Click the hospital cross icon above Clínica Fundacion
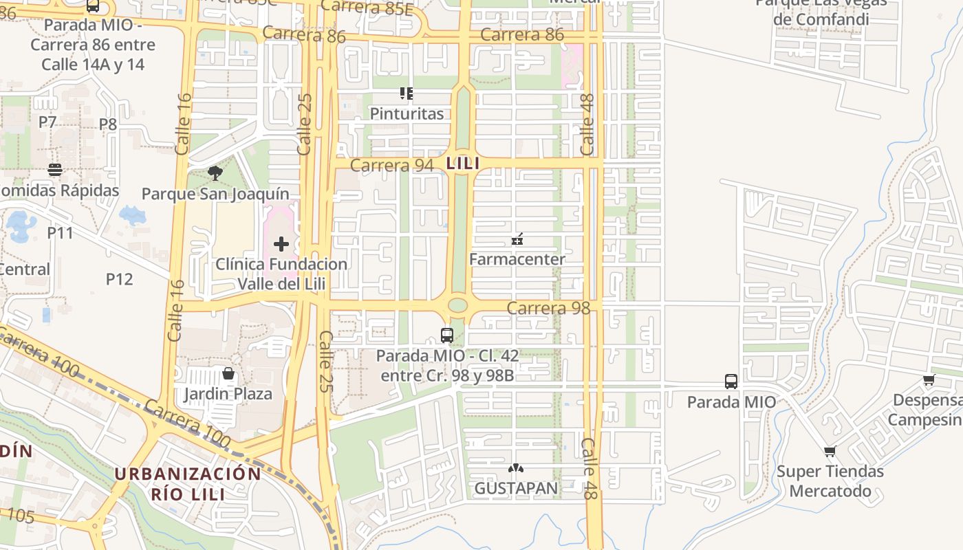tap(281, 244)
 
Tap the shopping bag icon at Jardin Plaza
tap(228, 373)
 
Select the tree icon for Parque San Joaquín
tap(215, 173)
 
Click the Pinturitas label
tap(407, 113)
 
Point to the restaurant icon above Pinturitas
tap(407, 93)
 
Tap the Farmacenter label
tap(517, 259)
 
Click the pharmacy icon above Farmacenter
tap(517, 239)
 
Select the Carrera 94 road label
tap(392, 165)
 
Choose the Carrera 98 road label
tap(548, 308)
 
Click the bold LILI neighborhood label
tap(462, 164)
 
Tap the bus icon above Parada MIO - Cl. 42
tap(447, 335)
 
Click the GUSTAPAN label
tap(516, 488)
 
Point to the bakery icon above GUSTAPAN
tap(515, 468)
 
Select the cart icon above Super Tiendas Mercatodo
tap(830, 452)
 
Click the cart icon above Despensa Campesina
tap(929, 379)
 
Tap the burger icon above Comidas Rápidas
tap(55, 170)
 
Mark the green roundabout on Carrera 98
tap(457, 305)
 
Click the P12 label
tap(119, 279)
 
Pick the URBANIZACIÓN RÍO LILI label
tap(188, 483)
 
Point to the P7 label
tap(47, 122)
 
